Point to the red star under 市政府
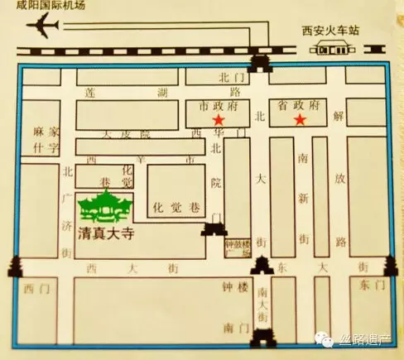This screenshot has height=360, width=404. click(218, 121)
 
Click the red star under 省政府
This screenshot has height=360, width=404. click(301, 121)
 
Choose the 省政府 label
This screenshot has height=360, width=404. click(301, 106)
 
